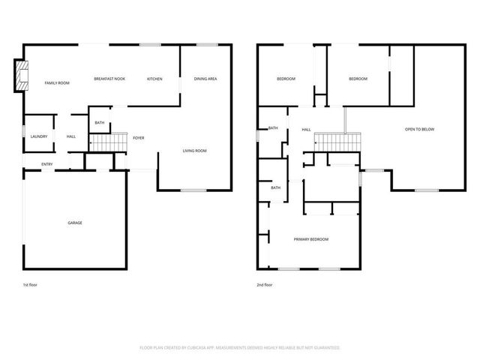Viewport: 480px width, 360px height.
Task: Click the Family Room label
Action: pyautogui.click(x=56, y=82)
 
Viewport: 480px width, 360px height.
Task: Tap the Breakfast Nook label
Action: pyautogui.click(x=109, y=79)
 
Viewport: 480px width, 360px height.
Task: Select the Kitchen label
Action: pyautogui.click(x=154, y=79)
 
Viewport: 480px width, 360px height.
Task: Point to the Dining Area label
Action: pyautogui.click(x=205, y=79)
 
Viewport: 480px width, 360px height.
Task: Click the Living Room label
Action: pyautogui.click(x=194, y=151)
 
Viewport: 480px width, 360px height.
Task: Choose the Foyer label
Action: pyautogui.click(x=139, y=138)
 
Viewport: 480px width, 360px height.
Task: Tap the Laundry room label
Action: pyautogui.click(x=39, y=136)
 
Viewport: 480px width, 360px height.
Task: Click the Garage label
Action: pyautogui.click(x=75, y=223)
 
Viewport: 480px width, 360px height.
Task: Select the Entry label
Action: pyautogui.click(x=46, y=164)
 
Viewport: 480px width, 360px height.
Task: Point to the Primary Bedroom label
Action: pyautogui.click(x=310, y=239)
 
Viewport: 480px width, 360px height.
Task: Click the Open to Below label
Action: pyautogui.click(x=419, y=130)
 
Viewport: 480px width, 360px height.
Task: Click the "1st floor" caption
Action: pyautogui.click(x=31, y=285)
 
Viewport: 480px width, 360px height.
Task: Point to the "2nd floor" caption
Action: pyautogui.click(x=264, y=285)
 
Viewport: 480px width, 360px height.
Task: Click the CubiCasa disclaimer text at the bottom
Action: pyautogui.click(x=240, y=347)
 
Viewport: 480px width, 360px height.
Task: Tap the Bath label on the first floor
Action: pyautogui.click(x=100, y=122)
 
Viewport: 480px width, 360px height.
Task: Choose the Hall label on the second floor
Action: pyautogui.click(x=306, y=130)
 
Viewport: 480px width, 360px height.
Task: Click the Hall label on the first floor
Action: pyautogui.click(x=71, y=136)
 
